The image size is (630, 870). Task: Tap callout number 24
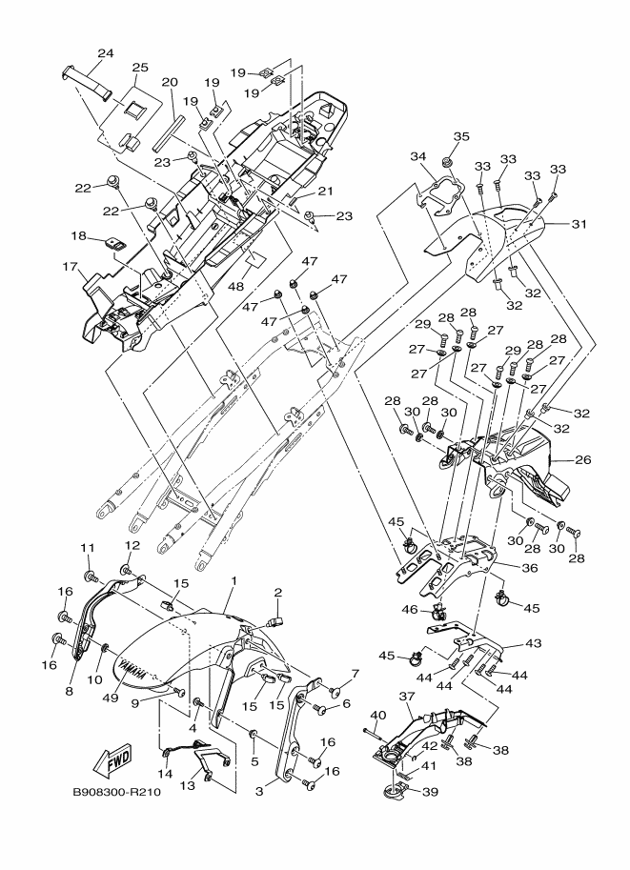coord(105,52)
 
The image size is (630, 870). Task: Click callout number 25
coord(140,68)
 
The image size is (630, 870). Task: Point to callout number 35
coord(461,136)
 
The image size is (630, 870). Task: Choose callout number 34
coord(417,156)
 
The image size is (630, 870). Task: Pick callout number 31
coord(579,225)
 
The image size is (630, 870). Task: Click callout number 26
coord(582,460)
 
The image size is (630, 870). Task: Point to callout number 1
coord(233,580)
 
